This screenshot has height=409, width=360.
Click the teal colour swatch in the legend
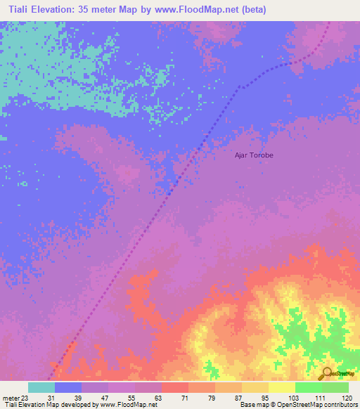click(41, 387)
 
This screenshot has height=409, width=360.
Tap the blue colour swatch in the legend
click(68, 387)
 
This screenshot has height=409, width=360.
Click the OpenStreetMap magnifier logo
click(326, 372)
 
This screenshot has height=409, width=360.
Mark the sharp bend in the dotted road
click(237, 88)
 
